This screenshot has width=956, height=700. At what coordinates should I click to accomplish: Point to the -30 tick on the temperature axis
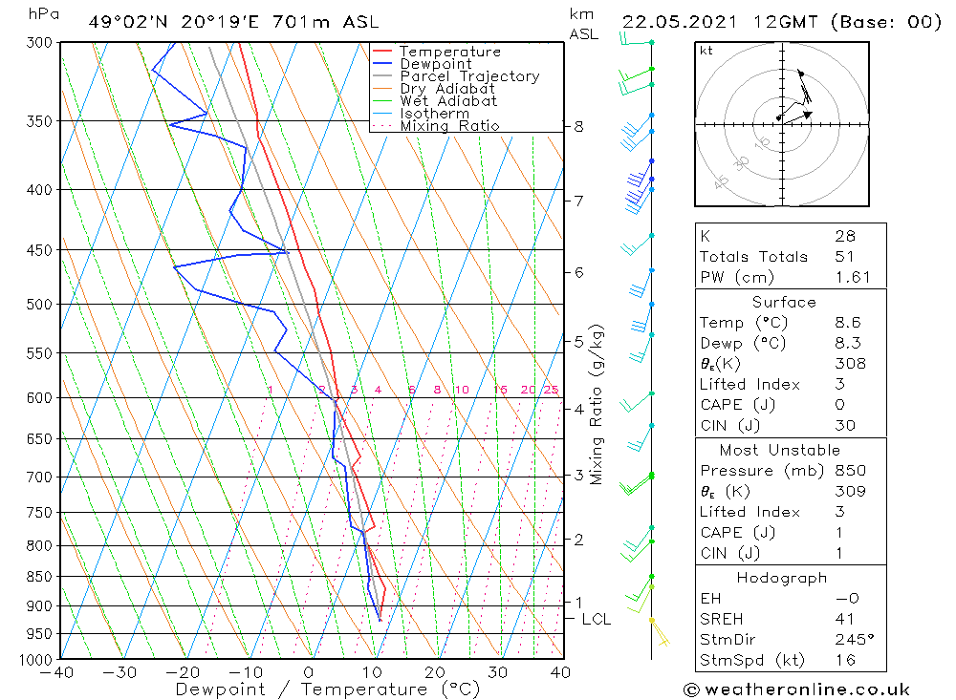(x=121, y=672)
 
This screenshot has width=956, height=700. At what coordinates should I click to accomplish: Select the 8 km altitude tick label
(x=578, y=126)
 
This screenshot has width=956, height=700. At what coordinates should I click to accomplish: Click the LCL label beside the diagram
(x=596, y=619)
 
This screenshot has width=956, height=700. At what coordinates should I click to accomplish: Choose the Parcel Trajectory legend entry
(x=469, y=76)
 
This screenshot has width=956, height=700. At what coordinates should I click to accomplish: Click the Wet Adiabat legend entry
(x=448, y=101)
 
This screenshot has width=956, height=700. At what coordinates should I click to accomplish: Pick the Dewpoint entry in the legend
(x=436, y=64)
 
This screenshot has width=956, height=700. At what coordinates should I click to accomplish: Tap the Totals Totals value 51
(x=845, y=257)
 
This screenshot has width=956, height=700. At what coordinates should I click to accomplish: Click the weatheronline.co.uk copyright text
(x=796, y=689)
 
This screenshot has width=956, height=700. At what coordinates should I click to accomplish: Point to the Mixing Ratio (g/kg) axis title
(x=597, y=405)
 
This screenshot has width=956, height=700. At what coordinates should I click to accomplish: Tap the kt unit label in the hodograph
(x=706, y=51)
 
